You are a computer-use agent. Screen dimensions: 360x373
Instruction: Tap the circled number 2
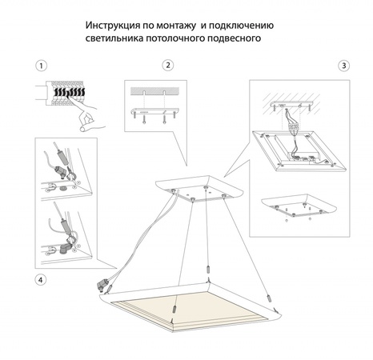pos(167,65)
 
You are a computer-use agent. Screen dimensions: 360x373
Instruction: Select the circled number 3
pos(343,65)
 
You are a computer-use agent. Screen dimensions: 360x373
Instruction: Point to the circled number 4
pos(42,279)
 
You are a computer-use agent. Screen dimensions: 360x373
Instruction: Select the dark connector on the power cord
pos(104,282)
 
